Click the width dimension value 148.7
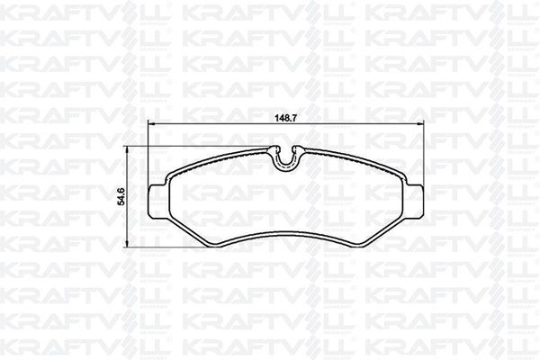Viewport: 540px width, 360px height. (x=286, y=118)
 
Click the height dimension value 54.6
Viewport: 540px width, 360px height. (x=121, y=197)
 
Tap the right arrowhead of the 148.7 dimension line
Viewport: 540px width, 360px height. (x=421, y=123)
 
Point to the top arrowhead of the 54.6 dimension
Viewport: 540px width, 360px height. (x=127, y=148)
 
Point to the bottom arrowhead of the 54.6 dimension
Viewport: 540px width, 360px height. (x=127, y=245)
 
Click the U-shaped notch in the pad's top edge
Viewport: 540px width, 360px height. (x=286, y=159)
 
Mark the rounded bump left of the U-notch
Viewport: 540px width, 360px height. (x=274, y=148)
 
